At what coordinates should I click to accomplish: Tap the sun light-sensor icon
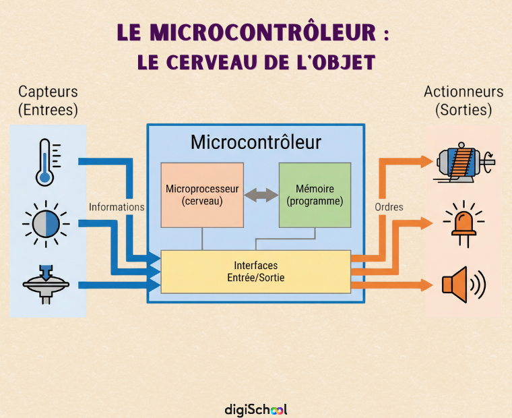point(46,225)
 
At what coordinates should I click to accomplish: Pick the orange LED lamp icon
point(463,224)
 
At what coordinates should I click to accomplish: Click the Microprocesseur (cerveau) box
point(202,195)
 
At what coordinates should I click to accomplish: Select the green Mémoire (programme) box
point(315,195)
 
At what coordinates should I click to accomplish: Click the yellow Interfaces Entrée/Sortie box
point(256,272)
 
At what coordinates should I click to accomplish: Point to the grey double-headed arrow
point(261,195)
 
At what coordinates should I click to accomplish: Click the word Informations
point(117,207)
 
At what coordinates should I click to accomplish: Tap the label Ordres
point(389,207)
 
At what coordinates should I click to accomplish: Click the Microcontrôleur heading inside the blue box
point(256,142)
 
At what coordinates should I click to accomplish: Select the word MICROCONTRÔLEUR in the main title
point(263,32)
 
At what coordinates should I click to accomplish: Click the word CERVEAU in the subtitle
point(211,62)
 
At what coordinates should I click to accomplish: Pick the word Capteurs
point(48,92)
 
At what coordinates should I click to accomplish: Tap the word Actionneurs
point(463,92)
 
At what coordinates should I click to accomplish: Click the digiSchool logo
point(256,409)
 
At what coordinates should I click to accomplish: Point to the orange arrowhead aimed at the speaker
point(426,285)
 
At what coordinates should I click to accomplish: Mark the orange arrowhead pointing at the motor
point(426,162)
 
